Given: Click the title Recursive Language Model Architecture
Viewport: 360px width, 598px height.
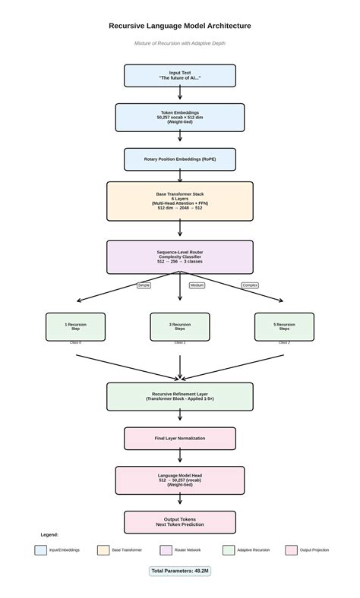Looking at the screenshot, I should coord(180,26).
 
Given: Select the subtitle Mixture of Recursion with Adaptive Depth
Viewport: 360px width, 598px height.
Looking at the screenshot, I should coord(180,43).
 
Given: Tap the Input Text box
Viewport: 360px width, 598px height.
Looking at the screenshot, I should coord(180,76).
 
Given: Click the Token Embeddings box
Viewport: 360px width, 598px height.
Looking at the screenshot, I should coord(180,118).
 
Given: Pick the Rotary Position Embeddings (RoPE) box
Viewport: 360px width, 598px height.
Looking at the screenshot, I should coord(180,159).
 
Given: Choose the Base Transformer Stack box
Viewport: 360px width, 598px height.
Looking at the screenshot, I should coord(180,201).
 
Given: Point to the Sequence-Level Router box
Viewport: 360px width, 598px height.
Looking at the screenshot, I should coord(180,257).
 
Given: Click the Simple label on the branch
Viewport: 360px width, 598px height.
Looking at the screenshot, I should coord(144,285).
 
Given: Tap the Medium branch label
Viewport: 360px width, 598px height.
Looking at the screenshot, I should coord(197,285).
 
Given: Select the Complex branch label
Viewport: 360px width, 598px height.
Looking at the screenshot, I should coord(250,285).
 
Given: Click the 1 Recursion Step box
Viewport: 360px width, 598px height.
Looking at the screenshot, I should coord(75,326).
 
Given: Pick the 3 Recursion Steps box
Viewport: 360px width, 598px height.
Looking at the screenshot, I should coord(180,326).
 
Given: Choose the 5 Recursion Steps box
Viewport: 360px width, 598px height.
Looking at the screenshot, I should coord(284,326).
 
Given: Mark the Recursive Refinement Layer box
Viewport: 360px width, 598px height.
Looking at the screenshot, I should coord(180,396).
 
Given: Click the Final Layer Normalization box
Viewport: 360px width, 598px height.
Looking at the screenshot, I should coord(180,439).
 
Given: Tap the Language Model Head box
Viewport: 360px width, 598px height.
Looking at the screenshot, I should coord(180,480).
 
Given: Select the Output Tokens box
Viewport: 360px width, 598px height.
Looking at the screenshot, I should coord(180,522).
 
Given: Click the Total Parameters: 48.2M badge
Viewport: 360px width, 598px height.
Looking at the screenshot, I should coord(180,571).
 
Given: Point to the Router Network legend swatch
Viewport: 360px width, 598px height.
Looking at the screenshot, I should coord(166,550).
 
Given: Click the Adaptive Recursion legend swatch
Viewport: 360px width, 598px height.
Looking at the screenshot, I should coord(229,550).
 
